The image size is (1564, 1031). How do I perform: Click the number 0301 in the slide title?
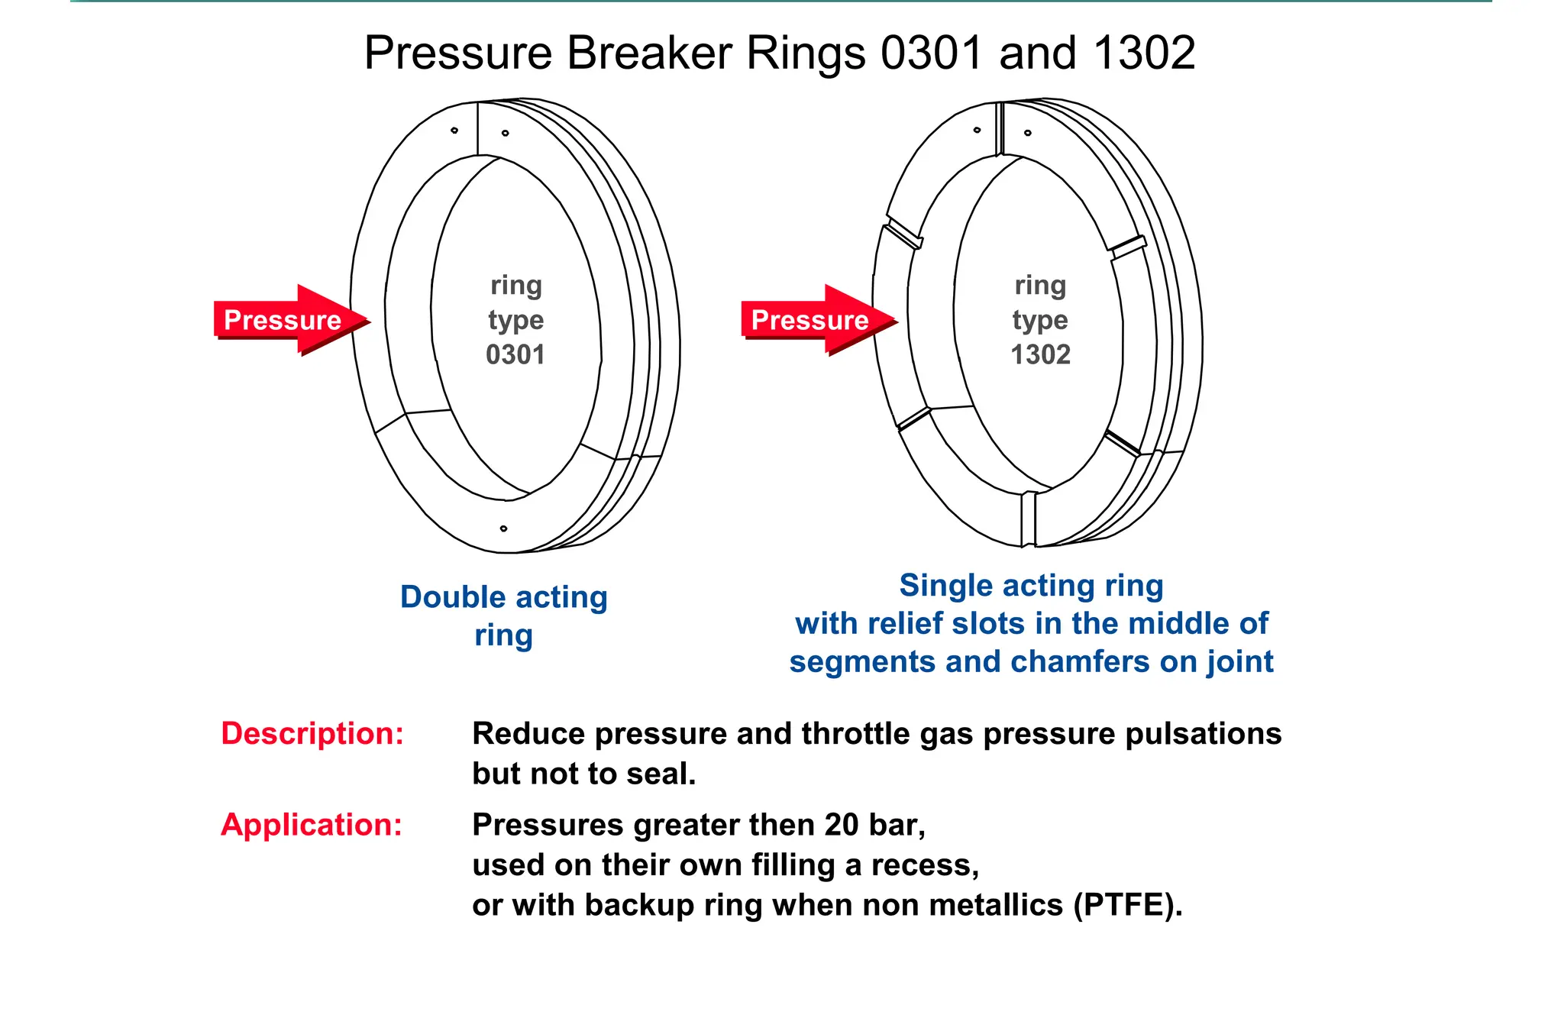point(931,53)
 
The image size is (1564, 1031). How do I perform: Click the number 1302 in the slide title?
point(1144,53)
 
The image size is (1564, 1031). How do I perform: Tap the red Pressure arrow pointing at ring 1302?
point(816,319)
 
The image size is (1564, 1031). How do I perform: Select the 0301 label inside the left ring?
point(515,354)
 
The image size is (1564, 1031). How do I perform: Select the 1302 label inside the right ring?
point(1040,354)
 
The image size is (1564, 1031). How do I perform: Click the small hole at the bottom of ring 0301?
point(503,528)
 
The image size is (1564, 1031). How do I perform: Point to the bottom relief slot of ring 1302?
point(1029,519)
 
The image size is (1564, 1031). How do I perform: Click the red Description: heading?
point(312,733)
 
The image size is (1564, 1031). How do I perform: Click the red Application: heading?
point(312,825)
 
